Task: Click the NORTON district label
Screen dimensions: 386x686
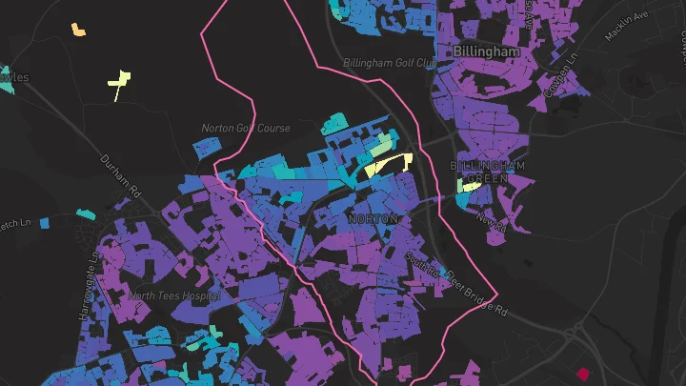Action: click(x=373, y=219)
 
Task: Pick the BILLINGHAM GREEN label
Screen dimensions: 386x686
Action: click(x=489, y=172)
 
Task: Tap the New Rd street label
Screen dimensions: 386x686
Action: click(x=490, y=221)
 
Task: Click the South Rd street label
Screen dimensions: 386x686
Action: click(x=420, y=266)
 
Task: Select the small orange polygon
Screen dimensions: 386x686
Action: click(x=78, y=29)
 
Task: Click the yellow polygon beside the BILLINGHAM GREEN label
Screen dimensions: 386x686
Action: click(x=469, y=186)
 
